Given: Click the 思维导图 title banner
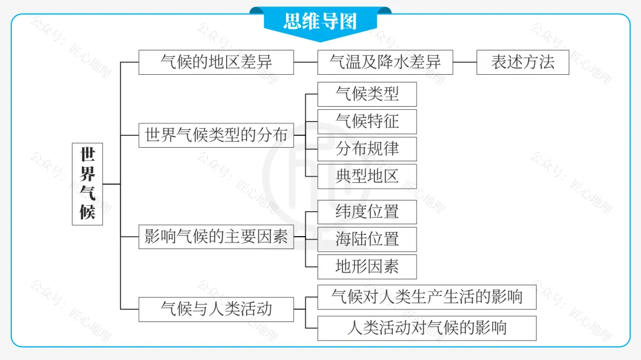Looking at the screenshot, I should click(x=320, y=21).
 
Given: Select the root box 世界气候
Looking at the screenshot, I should click(x=87, y=184).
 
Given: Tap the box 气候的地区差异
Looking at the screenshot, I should click(x=216, y=62).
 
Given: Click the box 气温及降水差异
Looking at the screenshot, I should click(x=385, y=62).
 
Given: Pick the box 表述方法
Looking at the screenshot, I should click(x=522, y=62).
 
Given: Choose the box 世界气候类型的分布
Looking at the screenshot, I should click(x=216, y=135).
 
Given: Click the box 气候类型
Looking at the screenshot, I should click(x=367, y=94).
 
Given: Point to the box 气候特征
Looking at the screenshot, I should click(x=367, y=121).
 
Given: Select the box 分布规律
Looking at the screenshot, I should click(x=367, y=149).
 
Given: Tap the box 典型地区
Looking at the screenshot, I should click(x=367, y=176).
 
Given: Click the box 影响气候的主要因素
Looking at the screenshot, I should click(x=216, y=237).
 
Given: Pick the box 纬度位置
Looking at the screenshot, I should click(x=367, y=212).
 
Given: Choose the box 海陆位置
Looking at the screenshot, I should click(x=367, y=239).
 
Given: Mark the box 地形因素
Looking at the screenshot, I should click(x=367, y=267).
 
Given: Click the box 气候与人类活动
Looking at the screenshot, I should click(x=216, y=309).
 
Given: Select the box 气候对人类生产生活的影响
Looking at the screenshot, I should click(x=427, y=297).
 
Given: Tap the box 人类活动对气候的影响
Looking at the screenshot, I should click(x=427, y=328).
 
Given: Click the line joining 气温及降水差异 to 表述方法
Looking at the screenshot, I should click(x=465, y=62).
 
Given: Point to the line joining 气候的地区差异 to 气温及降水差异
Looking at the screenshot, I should click(x=306, y=62).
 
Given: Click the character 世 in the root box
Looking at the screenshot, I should click(x=87, y=155).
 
